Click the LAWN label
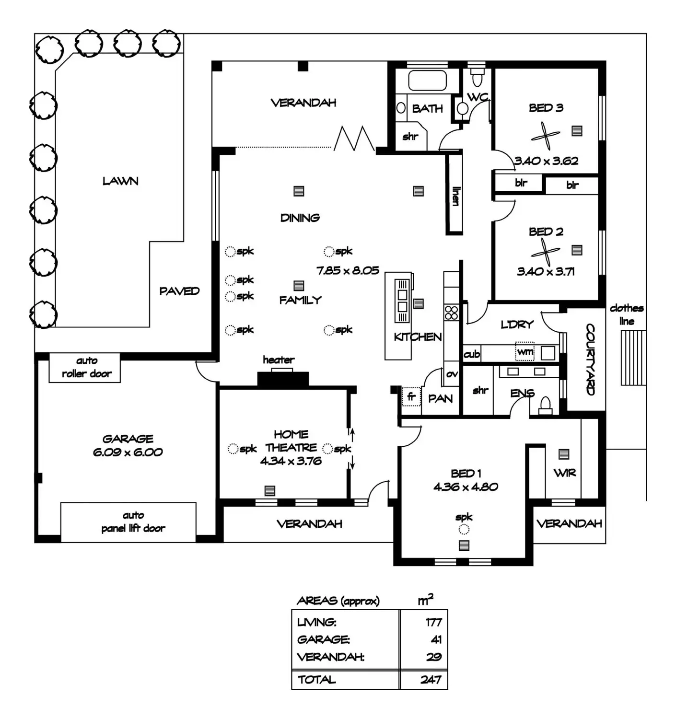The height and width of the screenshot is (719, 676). [120, 181]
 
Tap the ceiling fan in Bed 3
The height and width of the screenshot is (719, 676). [545, 136]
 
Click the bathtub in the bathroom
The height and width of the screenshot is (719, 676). [427, 81]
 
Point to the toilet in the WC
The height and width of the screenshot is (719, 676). [477, 78]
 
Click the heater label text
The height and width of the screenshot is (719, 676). [279, 359]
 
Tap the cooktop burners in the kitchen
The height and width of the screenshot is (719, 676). [451, 313]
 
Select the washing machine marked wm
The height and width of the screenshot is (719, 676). [525, 351]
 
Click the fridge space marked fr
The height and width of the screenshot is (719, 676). [411, 397]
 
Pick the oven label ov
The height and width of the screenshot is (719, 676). [452, 374]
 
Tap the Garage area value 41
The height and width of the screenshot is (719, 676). [436, 639]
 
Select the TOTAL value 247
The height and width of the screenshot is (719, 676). [431, 679]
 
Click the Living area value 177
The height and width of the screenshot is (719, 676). [433, 622]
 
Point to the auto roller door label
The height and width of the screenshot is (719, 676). [86, 367]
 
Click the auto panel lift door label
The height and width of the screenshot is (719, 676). [133, 522]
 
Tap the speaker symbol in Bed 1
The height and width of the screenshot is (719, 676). [464, 529]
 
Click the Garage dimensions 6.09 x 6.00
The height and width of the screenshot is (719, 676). [128, 452]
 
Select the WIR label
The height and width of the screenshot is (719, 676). [564, 473]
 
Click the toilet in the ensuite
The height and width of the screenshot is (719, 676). [545, 406]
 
